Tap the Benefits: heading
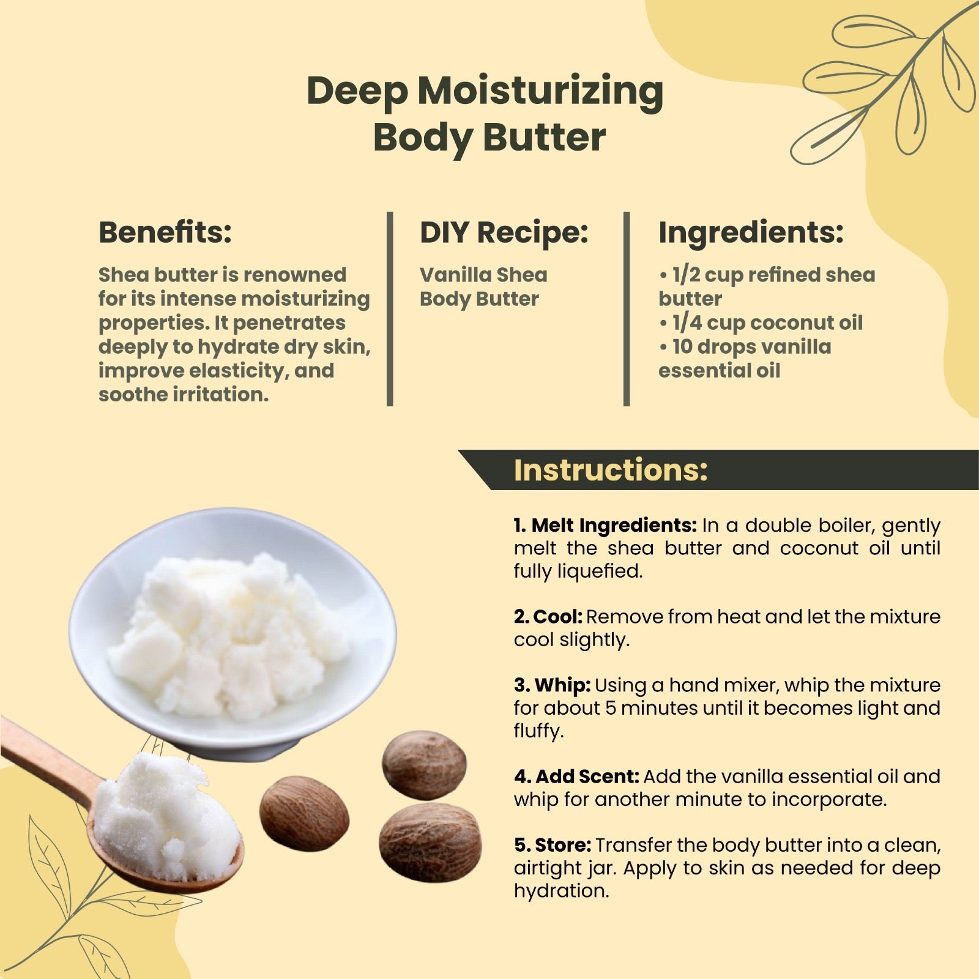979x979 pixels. [165, 232]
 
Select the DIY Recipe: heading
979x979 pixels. [504, 233]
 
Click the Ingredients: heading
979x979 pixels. [751, 233]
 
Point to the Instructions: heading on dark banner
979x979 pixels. [610, 470]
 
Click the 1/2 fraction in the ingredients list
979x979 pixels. [685, 275]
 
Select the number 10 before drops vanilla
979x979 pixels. [682, 346]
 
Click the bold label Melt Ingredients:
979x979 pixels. [605, 525]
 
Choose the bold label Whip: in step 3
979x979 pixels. [553, 685]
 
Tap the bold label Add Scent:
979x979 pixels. [576, 776]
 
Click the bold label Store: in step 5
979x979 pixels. [553, 845]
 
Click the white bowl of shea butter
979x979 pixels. [233, 630]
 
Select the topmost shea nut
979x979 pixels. [424, 764]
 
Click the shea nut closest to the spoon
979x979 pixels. [304, 813]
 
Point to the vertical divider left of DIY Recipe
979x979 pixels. [390, 309]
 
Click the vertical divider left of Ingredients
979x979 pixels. [627, 309]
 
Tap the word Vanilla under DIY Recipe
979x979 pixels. [455, 275]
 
